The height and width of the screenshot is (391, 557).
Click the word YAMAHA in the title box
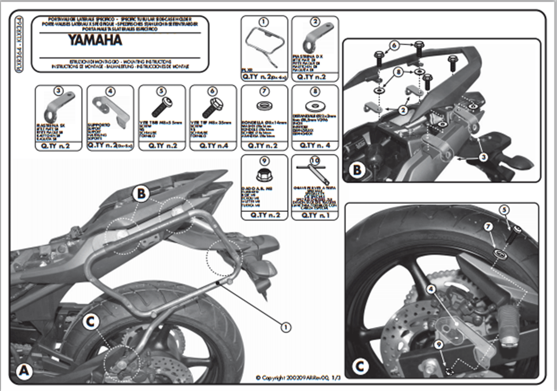pos(96,40)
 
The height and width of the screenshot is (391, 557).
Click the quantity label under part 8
pos(314,145)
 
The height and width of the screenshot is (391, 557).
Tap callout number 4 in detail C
pos(431,289)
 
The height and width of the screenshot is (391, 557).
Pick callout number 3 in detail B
pos(483,158)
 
